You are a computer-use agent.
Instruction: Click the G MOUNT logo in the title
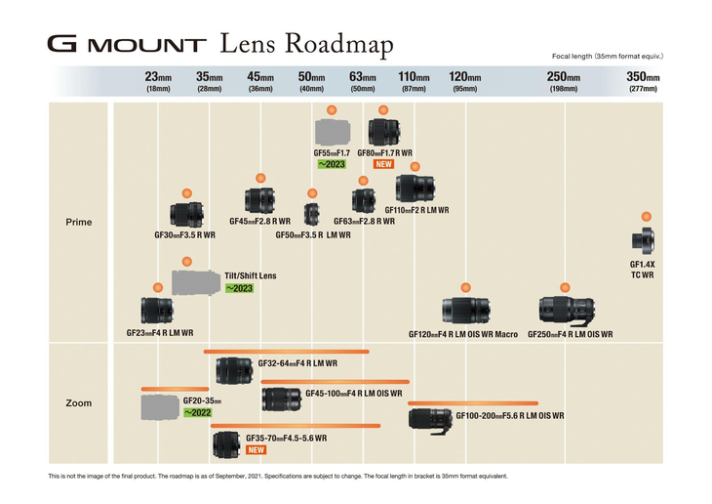[127, 45]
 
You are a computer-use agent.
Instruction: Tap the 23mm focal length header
[158, 77]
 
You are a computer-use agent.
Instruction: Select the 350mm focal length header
[643, 77]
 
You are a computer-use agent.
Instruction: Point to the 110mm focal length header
[414, 77]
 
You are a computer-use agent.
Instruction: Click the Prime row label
[78, 222]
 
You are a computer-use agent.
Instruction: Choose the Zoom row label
[78, 402]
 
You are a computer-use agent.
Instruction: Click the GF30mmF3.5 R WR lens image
[185, 215]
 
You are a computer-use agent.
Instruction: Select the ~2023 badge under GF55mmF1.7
[332, 165]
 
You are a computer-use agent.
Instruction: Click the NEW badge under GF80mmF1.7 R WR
[383, 165]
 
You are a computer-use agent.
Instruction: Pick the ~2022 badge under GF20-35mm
[198, 413]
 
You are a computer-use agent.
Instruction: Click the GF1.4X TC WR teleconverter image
[642, 239]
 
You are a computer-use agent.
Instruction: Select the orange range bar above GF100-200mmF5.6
[473, 402]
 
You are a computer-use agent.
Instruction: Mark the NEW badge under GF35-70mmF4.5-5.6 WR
[257, 450]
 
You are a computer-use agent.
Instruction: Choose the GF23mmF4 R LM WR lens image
[157, 312]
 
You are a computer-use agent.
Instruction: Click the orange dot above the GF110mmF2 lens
[415, 167]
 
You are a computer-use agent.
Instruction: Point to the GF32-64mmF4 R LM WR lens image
[234, 370]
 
